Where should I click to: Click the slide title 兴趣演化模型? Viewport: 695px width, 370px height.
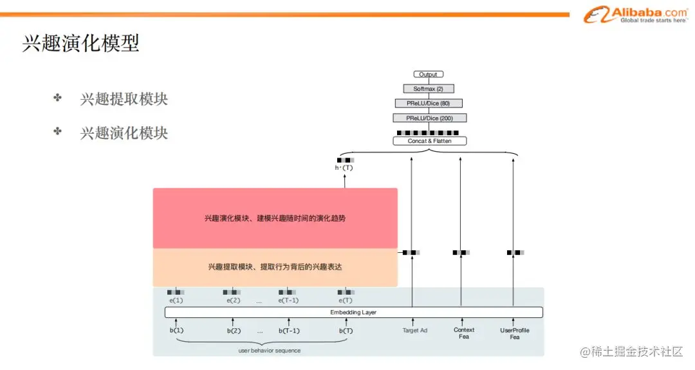81,44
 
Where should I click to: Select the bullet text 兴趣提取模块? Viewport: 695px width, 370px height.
124,99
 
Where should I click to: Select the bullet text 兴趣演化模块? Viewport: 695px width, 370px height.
124,133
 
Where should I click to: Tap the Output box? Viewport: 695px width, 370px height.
428,75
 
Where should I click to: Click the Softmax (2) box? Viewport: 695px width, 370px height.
428,89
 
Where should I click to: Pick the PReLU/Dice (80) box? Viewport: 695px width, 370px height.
428,104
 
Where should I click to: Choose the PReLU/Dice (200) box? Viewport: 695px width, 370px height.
429,118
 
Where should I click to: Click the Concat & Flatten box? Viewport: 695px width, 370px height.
429,141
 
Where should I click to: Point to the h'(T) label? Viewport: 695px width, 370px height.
344,168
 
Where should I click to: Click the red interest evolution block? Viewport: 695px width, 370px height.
275,218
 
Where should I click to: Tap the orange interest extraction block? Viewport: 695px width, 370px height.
275,267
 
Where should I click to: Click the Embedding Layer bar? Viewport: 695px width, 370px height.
353,313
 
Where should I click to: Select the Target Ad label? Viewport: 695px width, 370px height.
414,331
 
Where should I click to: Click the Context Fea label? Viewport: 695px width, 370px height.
464,333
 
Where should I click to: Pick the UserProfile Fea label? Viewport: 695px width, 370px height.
515,333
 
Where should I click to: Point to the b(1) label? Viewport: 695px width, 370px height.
176,331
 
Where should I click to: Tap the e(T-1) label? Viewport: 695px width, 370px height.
288,301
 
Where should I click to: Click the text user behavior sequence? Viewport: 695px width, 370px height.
269,351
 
